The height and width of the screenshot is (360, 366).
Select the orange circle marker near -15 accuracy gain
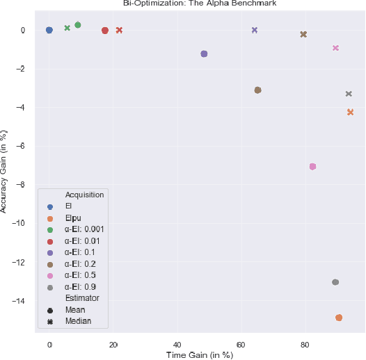click(339, 318)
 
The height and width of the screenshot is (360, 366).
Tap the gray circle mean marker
click(335, 282)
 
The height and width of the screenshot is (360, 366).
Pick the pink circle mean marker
click(313, 167)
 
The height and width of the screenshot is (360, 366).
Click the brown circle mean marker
click(257, 90)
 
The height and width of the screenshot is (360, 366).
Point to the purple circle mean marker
click(204, 54)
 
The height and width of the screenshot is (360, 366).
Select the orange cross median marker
click(351, 112)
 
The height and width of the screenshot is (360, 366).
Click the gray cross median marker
click(349, 94)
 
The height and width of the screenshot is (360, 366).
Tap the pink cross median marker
click(336, 48)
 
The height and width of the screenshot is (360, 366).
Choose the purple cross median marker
click(255, 30)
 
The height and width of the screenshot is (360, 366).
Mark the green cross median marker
click(67, 28)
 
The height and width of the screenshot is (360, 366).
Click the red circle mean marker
click(105, 31)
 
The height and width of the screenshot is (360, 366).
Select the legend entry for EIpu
click(73, 218)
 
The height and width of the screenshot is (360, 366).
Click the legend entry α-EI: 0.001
click(85, 229)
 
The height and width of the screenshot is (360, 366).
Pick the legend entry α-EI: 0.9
click(80, 286)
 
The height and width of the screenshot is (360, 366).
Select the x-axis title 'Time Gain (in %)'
click(199, 355)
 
